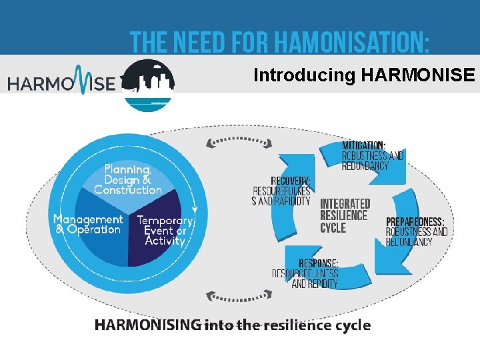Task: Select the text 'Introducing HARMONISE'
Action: coord(364,75)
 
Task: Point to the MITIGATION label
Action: coord(363,145)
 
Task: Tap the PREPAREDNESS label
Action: coord(415,222)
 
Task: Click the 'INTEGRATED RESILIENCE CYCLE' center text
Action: coord(345,215)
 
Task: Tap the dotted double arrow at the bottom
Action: coord(239,295)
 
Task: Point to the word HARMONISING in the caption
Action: coord(147,325)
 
